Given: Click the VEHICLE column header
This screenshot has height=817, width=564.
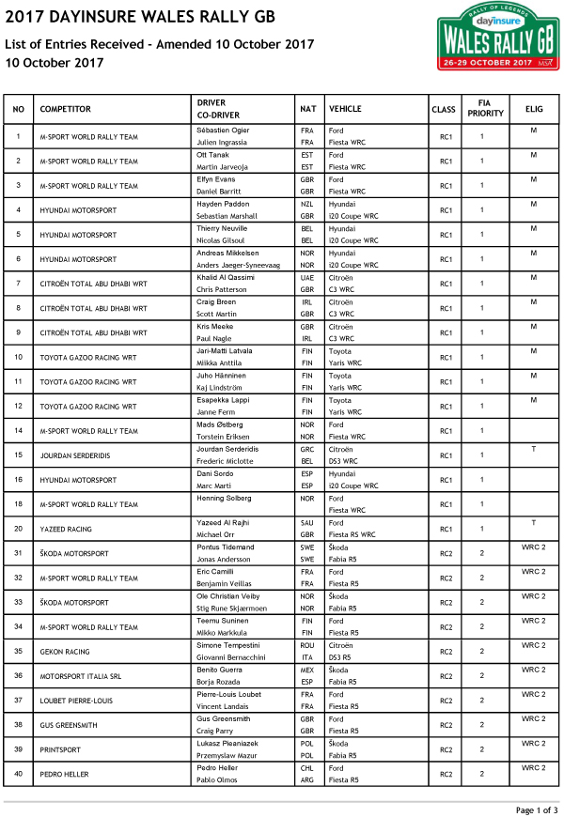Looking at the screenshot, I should click(x=345, y=109).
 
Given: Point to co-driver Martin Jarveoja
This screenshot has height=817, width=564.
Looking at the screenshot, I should click(x=222, y=166).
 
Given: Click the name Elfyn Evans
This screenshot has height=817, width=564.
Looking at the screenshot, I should click(x=214, y=179).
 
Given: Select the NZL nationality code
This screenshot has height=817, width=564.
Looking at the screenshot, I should click(x=306, y=204).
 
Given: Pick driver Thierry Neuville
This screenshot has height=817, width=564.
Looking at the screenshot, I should click(x=221, y=228).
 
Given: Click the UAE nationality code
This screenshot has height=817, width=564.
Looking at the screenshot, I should click(x=306, y=277).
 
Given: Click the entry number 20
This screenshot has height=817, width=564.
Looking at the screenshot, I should click(x=18, y=529).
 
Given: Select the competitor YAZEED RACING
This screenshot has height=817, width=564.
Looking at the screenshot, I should click(x=66, y=529).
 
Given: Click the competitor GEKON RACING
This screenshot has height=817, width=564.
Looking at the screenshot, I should click(x=65, y=651).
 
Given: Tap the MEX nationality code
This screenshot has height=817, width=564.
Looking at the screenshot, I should click(x=306, y=670).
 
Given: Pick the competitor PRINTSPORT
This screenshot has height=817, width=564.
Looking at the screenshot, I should click(x=60, y=749).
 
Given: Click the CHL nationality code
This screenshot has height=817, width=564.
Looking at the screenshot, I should click(x=306, y=767).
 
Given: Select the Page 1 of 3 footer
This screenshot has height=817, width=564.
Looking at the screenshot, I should click(x=537, y=809).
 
